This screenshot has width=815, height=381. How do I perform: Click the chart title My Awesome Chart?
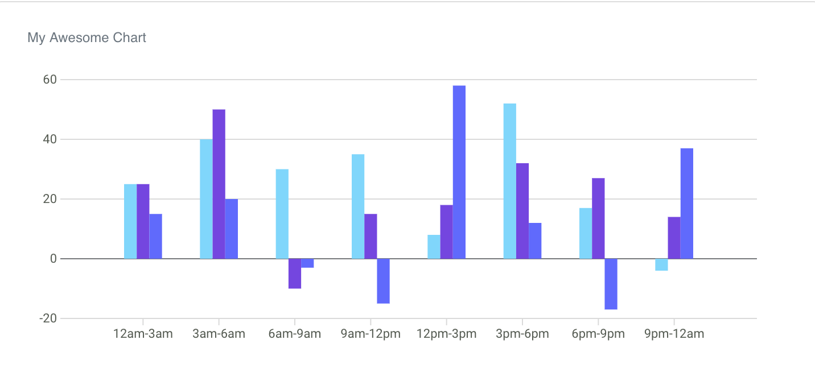(x=87, y=38)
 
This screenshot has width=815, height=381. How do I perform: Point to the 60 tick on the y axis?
(x=50, y=80)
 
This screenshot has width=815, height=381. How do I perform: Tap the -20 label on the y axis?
(x=48, y=318)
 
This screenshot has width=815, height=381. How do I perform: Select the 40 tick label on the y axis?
(x=50, y=139)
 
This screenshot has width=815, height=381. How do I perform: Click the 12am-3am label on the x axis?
(x=143, y=334)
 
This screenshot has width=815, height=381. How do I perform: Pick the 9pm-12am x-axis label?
(x=674, y=334)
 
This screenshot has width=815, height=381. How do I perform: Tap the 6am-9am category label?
(x=294, y=334)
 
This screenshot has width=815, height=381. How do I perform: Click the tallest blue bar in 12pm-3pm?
(x=459, y=172)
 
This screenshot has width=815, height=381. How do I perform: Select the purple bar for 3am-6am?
(x=219, y=184)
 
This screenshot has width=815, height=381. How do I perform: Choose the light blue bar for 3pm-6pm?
(x=509, y=181)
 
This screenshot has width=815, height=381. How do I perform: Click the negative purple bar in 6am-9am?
(x=295, y=274)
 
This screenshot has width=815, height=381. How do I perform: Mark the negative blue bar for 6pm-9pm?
(x=611, y=284)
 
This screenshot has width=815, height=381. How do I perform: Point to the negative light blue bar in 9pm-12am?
(x=661, y=264)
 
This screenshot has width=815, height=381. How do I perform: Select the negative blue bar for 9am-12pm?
(x=383, y=281)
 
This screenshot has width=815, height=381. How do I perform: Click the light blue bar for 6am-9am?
(x=282, y=214)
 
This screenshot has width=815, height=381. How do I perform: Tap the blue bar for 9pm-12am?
(x=686, y=204)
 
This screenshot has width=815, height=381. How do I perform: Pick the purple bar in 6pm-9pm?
(x=598, y=218)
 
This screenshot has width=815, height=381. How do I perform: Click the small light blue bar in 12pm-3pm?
(x=434, y=247)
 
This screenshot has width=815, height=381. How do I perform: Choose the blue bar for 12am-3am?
(x=155, y=236)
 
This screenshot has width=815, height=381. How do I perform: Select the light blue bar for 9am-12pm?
(x=358, y=206)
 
